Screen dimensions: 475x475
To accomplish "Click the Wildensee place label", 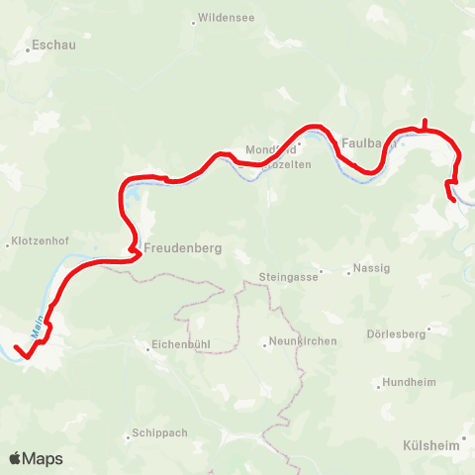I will pyautogui.click(x=227, y=18).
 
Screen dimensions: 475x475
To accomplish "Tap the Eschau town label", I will pyautogui.click(x=54, y=46).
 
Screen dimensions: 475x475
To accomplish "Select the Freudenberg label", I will pyautogui.click(x=181, y=247).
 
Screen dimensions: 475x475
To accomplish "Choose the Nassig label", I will pyautogui.click(x=371, y=268).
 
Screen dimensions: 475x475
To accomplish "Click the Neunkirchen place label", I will pyautogui.click(x=303, y=342).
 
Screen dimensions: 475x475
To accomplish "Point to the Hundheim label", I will pyautogui.click(x=410, y=382).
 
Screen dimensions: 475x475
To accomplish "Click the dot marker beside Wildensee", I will pyautogui.click(x=193, y=18).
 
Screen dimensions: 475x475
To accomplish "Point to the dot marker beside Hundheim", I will pyautogui.click(x=378, y=382).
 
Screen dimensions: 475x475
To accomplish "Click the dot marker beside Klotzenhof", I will pyautogui.click(x=9, y=242).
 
